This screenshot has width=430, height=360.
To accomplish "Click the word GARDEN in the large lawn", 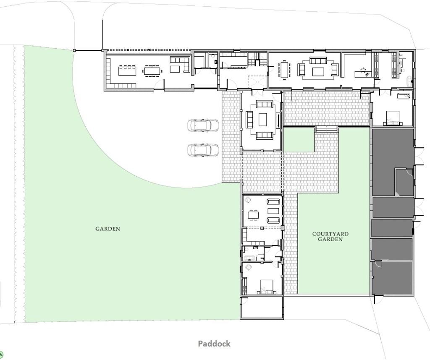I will pos(107,229).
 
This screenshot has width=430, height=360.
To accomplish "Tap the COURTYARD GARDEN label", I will pos(330,237).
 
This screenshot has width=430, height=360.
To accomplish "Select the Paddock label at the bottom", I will pos(214,344).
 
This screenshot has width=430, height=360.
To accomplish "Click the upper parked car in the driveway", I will pos(203,125).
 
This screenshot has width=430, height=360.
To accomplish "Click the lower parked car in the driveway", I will pos(203,150).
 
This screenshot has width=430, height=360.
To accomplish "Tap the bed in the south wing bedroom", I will pos(266,286).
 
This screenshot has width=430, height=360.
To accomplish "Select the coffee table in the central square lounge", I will pos(263,120).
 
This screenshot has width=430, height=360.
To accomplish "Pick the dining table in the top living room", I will pos(285,70).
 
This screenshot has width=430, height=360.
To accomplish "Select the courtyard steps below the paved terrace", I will pos(326,129).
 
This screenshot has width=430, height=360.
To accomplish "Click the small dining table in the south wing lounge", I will pos(253,215).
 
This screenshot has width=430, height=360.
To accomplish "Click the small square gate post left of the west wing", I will pos(74,50).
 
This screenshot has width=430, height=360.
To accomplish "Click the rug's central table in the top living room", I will pos(318,72).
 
